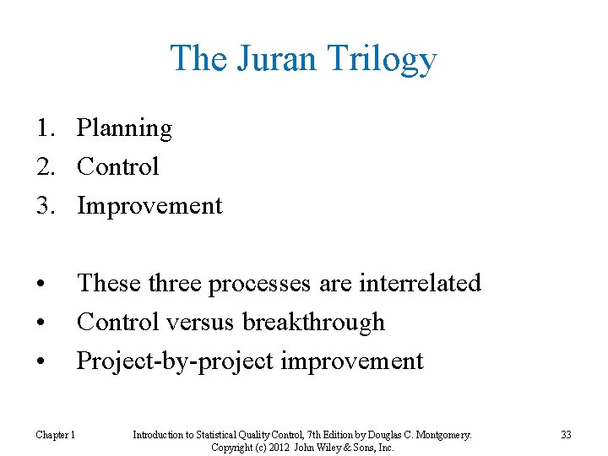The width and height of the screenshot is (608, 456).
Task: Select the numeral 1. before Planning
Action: [46, 128]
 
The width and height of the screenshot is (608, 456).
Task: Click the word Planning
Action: [124, 129]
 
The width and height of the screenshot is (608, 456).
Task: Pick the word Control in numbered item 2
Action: [117, 166]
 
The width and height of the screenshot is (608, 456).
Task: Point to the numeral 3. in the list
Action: [46, 206]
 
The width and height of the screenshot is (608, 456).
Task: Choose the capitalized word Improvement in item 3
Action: [149, 206]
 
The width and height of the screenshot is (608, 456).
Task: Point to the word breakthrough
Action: [313, 322]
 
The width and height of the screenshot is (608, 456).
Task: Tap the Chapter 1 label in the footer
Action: [55, 435]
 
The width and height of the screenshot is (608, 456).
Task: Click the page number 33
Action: [566, 435]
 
